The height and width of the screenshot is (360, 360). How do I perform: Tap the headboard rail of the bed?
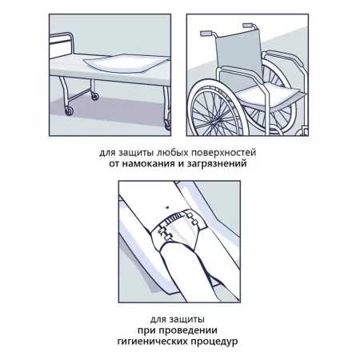(60, 42)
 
